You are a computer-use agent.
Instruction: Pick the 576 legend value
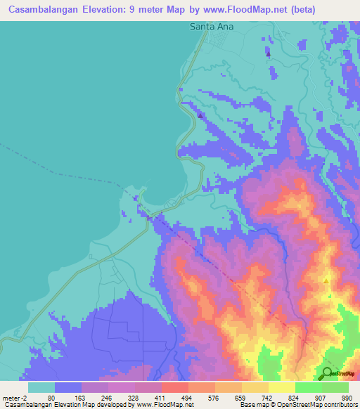click(x=214, y=398)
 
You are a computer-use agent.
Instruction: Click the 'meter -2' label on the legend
click(x=14, y=398)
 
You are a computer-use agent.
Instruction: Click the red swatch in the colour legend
click(x=174, y=387)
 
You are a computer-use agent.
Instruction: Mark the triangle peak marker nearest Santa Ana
click(x=268, y=53)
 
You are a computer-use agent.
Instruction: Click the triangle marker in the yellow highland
click(x=326, y=281)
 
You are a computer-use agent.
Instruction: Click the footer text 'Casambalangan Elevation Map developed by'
click(x=67, y=405)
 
